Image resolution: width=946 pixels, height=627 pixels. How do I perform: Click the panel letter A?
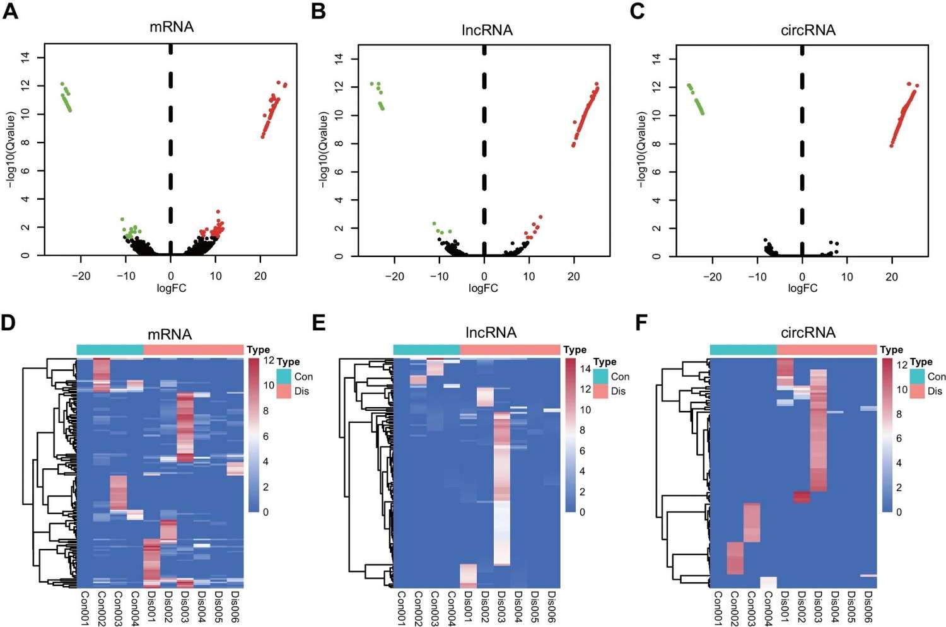coord(11,11)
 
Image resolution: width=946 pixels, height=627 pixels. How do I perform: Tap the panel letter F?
coord(641,323)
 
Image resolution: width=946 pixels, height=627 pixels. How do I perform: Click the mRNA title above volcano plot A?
coord(172,27)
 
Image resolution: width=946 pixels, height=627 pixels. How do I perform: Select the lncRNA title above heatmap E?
coord(491,333)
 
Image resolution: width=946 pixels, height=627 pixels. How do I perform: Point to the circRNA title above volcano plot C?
coord(808,30)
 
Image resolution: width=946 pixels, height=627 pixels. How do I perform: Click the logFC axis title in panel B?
coord(483,288)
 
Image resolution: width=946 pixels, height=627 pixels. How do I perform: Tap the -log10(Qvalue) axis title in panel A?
coord(11,149)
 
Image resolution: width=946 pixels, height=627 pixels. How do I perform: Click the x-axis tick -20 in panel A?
coord(81,276)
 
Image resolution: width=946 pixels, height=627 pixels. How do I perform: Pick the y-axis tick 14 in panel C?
coord(657,59)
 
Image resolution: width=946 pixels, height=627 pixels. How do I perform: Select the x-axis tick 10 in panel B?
coord(528,276)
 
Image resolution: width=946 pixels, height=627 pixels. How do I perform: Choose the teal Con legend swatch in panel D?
coord(284,376)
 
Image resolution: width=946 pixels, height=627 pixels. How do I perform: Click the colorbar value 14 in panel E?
coord(585,369)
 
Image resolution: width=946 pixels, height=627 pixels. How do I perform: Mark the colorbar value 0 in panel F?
coord(899,512)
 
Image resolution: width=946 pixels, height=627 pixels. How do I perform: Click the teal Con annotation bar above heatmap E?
coord(426,350)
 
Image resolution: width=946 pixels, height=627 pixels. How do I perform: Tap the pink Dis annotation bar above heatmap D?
coord(194,350)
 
